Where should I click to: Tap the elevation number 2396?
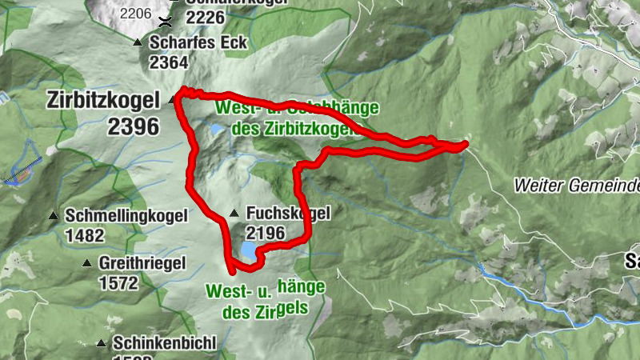tap(133, 125)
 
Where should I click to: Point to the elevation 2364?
tap(168, 63)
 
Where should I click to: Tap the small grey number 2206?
tap(135, 13)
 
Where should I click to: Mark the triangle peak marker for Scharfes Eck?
tap(138, 42)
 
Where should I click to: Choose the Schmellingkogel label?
tap(127, 215)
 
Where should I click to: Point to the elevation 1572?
tap(118, 282)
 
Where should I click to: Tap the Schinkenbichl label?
tap(165, 343)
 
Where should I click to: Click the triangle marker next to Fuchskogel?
tap(234, 214)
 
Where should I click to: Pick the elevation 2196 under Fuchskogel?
tap(266, 233)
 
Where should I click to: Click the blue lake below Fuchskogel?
tap(247, 253)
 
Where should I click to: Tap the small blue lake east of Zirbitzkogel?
tap(217, 128)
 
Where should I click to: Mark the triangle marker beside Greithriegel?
tap(86, 263)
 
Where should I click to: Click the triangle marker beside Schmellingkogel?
tap(54, 216)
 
